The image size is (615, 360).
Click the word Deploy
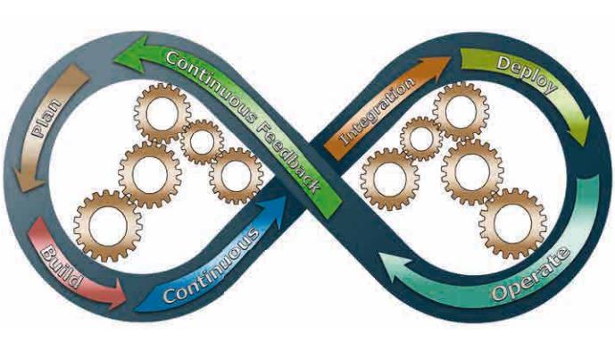[527, 76]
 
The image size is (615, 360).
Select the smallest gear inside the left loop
[202, 141]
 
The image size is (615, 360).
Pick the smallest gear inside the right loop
[420, 138]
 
